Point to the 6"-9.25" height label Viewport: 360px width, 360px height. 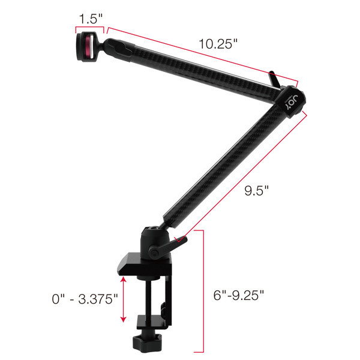239,296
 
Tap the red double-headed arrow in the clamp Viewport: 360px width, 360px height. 124,299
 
